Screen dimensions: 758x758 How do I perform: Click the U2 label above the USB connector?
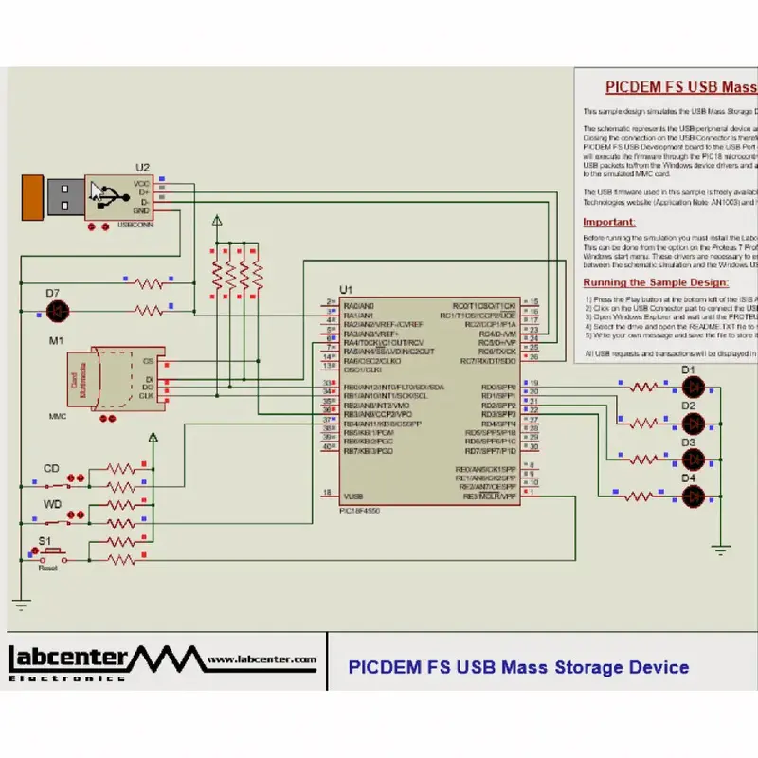[142, 167]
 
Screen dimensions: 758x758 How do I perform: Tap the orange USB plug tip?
[33, 197]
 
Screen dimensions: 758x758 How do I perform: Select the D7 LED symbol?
[58, 310]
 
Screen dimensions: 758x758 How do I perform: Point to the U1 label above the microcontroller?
[346, 289]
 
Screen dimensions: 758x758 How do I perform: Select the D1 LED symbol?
[694, 387]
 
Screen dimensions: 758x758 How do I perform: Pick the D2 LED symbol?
[694, 423]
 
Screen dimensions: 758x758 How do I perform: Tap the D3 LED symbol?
[694, 460]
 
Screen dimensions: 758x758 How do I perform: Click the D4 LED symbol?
[694, 496]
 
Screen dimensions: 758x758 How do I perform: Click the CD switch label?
[51, 468]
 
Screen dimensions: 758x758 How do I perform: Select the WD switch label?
[52, 504]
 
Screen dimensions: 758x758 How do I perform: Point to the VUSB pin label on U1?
[352, 496]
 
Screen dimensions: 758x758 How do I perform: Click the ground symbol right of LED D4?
[721, 549]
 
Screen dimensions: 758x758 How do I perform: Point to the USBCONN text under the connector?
[135, 226]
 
